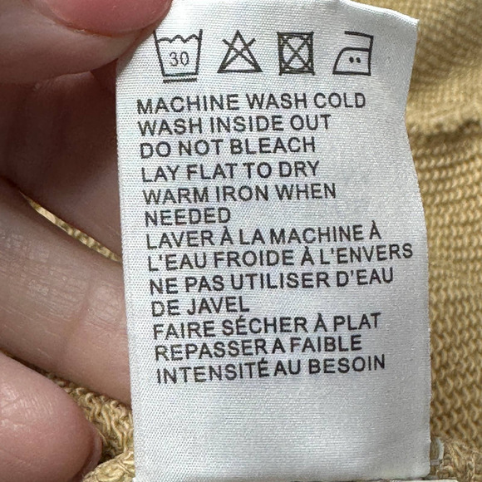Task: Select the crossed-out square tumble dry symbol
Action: pos(296,53)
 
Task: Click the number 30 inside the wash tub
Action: pos(180,59)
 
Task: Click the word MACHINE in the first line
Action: pos(188,104)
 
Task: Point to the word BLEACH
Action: pos(273,146)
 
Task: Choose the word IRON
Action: pos(242,194)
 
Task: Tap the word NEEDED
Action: pos(188,216)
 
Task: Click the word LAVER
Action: pos(180,240)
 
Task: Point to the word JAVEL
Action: pos(219,307)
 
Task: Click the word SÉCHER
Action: pos(265,327)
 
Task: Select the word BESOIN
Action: pos(347,365)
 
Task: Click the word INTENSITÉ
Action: pos(213,373)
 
